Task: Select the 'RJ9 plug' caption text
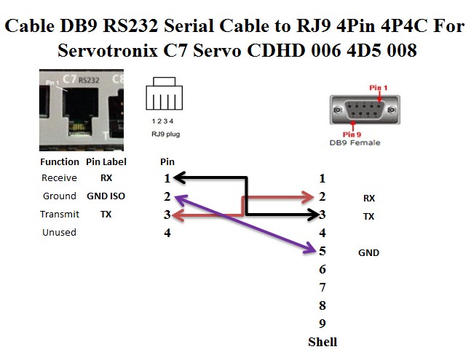point(165,135)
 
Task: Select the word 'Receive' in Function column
point(59,178)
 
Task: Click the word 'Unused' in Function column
point(59,233)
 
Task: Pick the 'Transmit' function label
point(60,215)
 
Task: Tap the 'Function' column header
point(60,161)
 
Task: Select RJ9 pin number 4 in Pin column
point(167,233)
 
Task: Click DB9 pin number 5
point(322,252)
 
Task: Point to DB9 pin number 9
point(322,324)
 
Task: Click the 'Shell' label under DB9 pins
point(322,341)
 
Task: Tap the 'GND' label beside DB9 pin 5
point(368,253)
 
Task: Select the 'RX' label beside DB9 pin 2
point(368,198)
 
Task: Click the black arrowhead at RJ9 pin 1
point(178,178)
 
